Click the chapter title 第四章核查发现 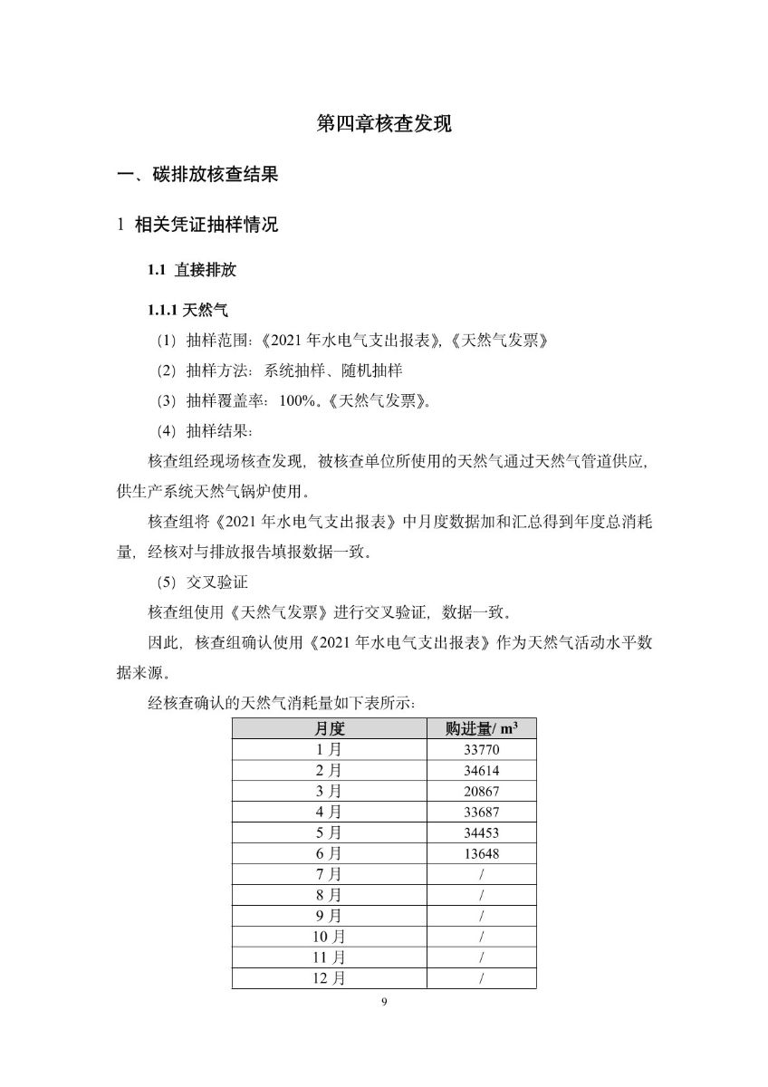click(384, 124)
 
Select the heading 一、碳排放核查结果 click(197, 175)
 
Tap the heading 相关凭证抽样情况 click(206, 225)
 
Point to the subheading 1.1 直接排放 click(191, 270)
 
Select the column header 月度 click(330, 728)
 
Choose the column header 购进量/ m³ click(480, 728)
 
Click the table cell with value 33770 click(480, 750)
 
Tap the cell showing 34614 click(480, 771)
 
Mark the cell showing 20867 click(480, 792)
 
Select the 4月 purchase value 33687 click(480, 813)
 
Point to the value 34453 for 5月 click(480, 833)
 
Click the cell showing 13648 click(480, 854)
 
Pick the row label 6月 click(330, 854)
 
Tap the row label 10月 click(330, 937)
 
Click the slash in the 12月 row click(481, 978)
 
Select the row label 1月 click(330, 750)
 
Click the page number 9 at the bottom click(384, 1002)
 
